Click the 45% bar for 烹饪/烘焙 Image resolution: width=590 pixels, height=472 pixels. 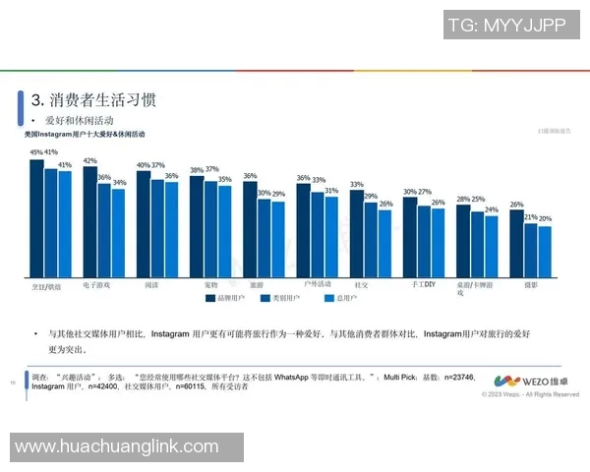point(36,218)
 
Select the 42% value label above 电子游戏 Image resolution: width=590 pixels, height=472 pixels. point(89,160)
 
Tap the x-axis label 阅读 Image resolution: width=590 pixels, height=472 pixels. point(151,284)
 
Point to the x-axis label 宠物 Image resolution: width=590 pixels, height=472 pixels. point(210,284)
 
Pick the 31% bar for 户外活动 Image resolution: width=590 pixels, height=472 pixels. point(331,237)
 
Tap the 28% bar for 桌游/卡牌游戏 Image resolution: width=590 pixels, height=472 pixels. point(462,241)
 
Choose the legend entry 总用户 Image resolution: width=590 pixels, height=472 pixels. point(339,297)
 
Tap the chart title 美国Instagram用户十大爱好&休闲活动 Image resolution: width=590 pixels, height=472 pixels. point(85,133)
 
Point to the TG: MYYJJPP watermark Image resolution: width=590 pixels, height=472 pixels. point(506,26)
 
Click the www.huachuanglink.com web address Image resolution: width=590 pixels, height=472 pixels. point(116,446)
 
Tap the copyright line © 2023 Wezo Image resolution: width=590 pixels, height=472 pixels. point(530,395)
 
